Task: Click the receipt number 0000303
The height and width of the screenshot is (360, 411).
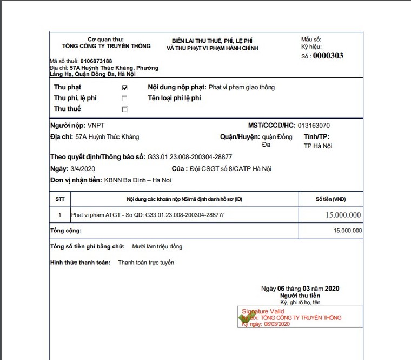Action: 328,55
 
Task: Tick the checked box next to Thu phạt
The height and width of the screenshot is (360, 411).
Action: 125,87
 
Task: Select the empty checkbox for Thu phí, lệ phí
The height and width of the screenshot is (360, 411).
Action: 125,98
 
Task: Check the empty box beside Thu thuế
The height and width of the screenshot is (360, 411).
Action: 125,109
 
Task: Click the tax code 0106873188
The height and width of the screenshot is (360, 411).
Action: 96,61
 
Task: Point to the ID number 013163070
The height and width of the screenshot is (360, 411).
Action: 314,126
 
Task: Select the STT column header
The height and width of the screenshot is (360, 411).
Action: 60,199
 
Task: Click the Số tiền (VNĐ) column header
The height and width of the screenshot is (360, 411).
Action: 330,199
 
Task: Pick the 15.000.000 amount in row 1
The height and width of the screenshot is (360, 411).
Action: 343,215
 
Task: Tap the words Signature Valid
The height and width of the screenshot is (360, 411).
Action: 263,312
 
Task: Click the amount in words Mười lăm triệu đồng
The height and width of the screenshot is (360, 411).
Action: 157,246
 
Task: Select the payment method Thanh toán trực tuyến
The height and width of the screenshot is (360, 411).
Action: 146,263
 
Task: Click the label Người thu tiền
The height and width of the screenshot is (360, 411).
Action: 300,296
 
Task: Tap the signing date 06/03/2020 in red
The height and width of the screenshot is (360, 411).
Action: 277,324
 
